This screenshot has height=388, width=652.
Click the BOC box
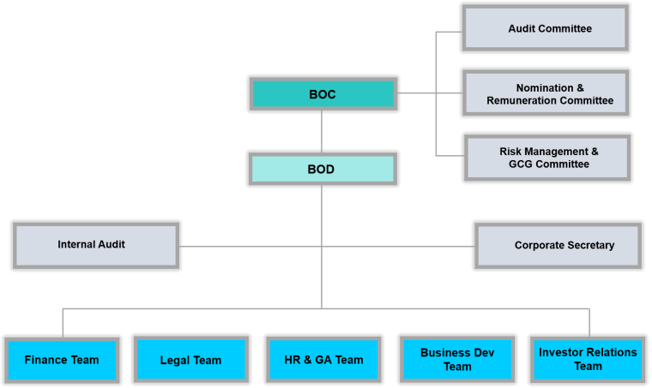323,94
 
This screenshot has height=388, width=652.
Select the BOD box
323,169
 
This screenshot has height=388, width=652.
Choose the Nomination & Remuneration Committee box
550,94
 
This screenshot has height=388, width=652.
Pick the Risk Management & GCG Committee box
549,158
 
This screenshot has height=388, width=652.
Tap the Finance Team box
62,360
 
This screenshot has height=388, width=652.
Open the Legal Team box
190,361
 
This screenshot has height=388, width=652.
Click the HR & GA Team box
323,361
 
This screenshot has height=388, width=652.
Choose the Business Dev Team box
457,360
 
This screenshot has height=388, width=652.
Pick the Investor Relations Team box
588,360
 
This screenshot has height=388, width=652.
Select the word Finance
45,360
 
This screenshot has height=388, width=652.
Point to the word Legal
175,361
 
